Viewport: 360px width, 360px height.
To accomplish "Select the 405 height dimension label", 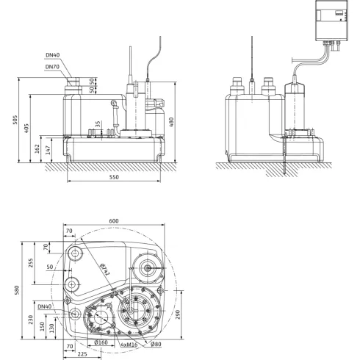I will [x=28, y=129].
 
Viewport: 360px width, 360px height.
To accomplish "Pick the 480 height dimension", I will [x=171, y=121].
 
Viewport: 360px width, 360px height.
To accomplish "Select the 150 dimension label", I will [x=43, y=325].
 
